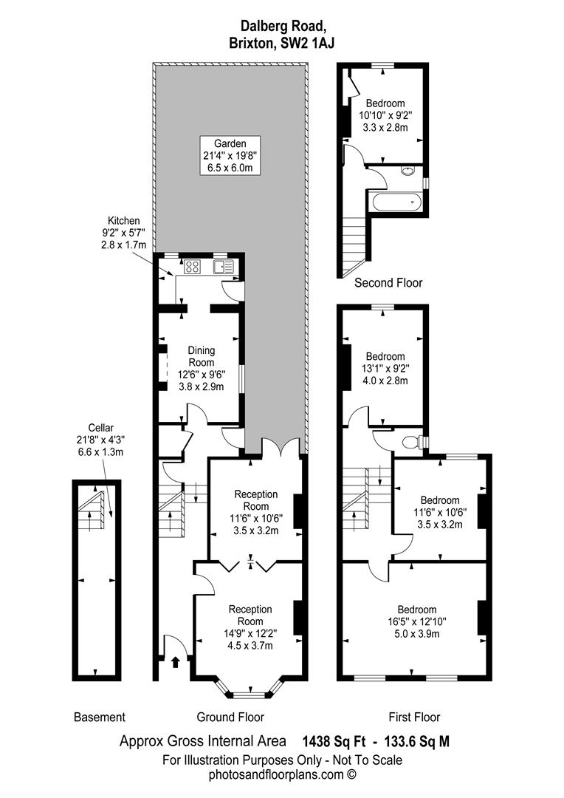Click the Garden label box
point(230,156)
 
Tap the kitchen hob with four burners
point(193,267)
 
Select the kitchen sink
point(224,267)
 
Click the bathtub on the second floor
point(396,202)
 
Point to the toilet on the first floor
point(411,443)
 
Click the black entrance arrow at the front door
point(176,661)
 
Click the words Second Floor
point(388,282)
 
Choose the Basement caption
point(100,717)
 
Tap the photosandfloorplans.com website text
point(282,775)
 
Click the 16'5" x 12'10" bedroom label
point(417,621)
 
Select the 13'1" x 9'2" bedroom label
point(385,369)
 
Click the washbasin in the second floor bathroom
point(408,171)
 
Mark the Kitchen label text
point(123,233)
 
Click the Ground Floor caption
point(230,717)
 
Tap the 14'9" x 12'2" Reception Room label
point(250,627)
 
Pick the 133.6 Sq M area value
point(418,742)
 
